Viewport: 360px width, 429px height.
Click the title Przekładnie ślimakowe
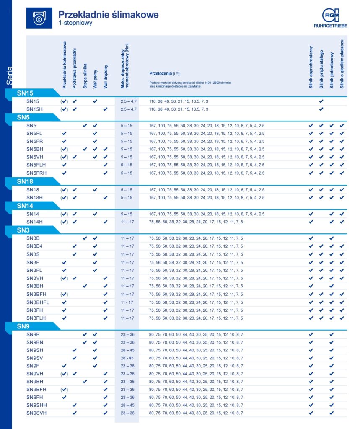[x=108, y=15]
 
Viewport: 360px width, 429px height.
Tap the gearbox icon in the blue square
[x=39, y=18]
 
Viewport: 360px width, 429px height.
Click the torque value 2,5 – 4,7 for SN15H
[x=126, y=109]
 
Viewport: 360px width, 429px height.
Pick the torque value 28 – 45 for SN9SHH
[x=126, y=405]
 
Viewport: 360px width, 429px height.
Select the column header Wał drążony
[x=106, y=76]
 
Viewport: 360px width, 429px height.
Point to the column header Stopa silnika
[x=85, y=75]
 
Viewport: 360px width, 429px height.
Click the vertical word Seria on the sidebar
[x=10, y=75]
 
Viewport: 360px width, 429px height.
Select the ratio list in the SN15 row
[x=179, y=101]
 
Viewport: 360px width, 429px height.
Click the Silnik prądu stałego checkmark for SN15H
[x=321, y=109]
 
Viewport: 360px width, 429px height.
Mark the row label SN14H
[x=35, y=222]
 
